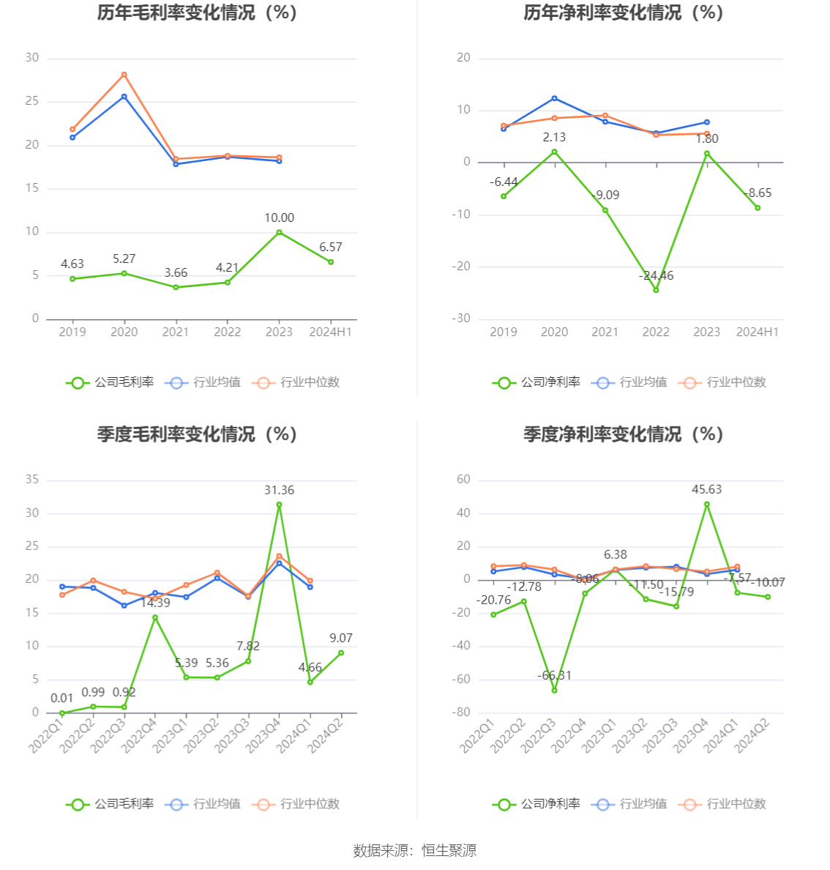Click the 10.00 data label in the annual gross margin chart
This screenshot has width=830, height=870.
pos(279,218)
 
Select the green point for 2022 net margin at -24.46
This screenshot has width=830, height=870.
pos(656,290)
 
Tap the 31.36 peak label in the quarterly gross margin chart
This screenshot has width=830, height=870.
pos(279,490)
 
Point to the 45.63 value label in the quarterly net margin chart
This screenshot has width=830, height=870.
pos(706,489)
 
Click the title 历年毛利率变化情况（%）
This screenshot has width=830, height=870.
pos(197,12)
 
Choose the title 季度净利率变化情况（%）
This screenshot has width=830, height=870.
pos(623,434)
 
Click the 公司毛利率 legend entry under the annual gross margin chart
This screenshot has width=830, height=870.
pos(111,382)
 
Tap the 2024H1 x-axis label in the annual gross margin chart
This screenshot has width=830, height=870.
pos(331,332)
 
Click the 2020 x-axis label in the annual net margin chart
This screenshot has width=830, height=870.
pos(554,332)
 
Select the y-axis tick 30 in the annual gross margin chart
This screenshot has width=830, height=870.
pos(32,58)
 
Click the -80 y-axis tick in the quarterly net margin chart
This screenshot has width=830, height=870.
pos(461,712)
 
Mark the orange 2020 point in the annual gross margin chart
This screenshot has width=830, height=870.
pos(124,75)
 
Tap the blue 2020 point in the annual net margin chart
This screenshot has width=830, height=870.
pos(554,98)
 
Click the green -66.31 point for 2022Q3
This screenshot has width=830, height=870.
pos(554,690)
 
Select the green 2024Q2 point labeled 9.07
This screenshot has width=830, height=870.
pos(341,652)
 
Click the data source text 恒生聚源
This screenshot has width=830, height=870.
pos(449,850)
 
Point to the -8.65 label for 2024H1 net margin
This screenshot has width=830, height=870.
pos(758,193)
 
